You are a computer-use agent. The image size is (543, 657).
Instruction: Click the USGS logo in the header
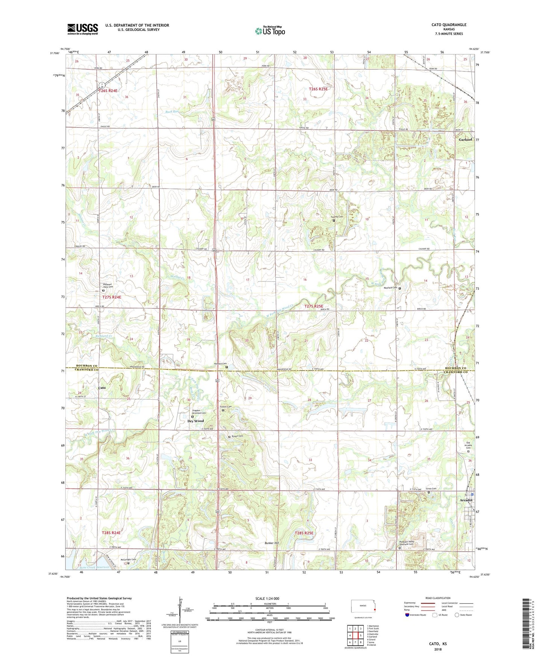point(83,29)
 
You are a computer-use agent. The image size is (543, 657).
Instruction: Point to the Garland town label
point(465,139)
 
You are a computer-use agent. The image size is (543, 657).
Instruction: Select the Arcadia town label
point(466,500)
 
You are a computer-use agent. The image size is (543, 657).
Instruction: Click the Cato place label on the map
point(102,388)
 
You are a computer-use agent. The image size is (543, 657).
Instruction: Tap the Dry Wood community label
point(195,421)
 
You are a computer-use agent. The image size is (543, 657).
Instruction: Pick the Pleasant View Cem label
point(108,286)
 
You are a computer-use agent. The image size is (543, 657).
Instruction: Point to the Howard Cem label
point(220,364)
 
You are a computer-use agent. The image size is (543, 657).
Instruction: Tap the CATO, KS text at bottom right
point(438,644)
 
